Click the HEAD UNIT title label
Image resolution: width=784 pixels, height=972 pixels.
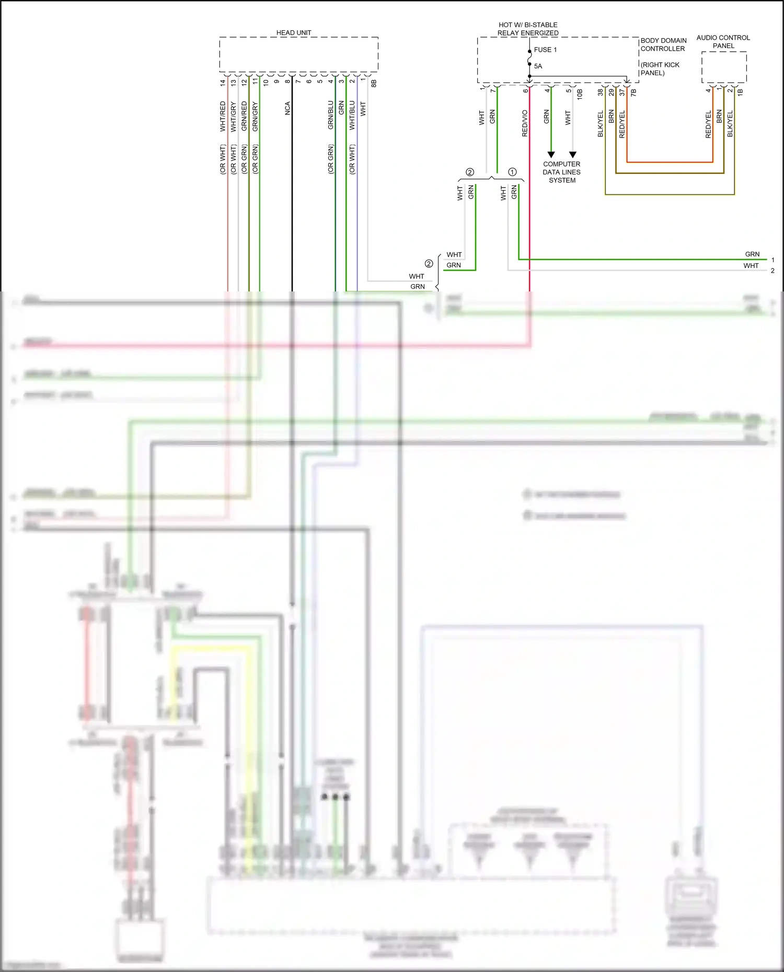(293, 32)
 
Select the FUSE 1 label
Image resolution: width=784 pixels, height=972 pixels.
(545, 50)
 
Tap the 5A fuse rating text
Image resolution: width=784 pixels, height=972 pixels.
(538, 66)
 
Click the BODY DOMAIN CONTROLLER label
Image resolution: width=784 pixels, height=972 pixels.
(663, 44)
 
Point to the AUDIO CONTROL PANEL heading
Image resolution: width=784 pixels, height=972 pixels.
(723, 42)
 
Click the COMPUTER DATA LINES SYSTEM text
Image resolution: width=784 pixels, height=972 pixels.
(561, 172)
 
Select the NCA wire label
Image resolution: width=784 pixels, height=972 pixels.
(287, 108)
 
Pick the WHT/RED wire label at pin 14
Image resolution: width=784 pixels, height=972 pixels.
(223, 116)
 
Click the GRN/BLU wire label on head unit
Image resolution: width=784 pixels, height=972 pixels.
(330, 115)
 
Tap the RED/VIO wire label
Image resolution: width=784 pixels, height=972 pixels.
(525, 123)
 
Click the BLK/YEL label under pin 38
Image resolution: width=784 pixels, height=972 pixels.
(601, 123)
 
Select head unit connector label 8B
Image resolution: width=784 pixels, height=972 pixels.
(374, 83)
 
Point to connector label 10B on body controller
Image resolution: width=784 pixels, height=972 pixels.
(580, 94)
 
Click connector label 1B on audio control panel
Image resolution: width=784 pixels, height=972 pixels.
(740, 92)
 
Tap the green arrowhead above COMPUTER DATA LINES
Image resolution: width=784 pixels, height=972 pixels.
(551, 155)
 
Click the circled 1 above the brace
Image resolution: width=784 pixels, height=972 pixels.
(512, 172)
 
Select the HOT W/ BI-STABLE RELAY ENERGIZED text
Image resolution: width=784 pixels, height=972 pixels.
(528, 29)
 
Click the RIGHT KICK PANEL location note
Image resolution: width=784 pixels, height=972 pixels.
(660, 69)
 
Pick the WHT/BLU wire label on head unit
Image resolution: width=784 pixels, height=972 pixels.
(352, 115)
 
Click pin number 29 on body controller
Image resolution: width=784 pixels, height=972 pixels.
(611, 92)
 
